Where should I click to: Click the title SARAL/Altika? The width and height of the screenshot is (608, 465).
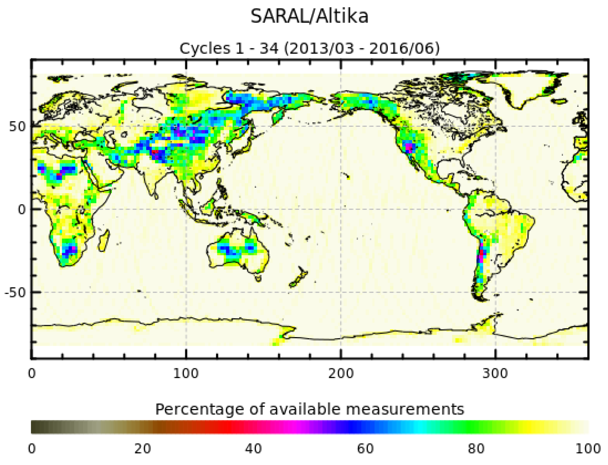point(309,16)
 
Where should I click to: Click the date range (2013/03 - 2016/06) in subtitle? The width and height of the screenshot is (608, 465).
point(361,48)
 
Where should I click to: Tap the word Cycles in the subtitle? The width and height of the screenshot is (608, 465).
point(205,48)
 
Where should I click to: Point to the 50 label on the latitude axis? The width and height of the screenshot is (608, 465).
point(17,127)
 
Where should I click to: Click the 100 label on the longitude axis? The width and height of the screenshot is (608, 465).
point(185,374)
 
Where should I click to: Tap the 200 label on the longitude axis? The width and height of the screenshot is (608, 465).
point(341,374)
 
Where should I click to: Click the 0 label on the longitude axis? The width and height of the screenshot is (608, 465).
point(32,374)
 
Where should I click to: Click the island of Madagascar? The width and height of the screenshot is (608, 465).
point(104,241)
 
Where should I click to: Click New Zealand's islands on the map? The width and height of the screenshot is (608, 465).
point(299,277)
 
